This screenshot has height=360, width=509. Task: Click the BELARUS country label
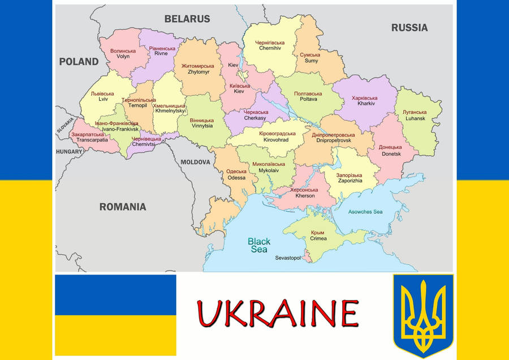pos(187,19)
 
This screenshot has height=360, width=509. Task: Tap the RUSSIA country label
pos(409,27)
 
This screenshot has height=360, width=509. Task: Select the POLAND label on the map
pos(79,62)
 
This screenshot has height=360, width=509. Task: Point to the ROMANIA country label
pos(123,207)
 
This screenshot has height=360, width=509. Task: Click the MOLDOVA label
pos(195,162)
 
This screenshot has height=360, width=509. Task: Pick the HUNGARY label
pos(69,152)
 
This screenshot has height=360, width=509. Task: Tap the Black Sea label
pos(259,245)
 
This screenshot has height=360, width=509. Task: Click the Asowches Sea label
pos(365,212)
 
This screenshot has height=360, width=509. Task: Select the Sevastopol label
pos(288,258)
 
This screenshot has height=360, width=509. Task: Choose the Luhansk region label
pos(415,115)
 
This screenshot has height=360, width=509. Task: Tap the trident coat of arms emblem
pos(423,315)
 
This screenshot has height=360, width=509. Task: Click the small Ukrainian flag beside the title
pos(115,315)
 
